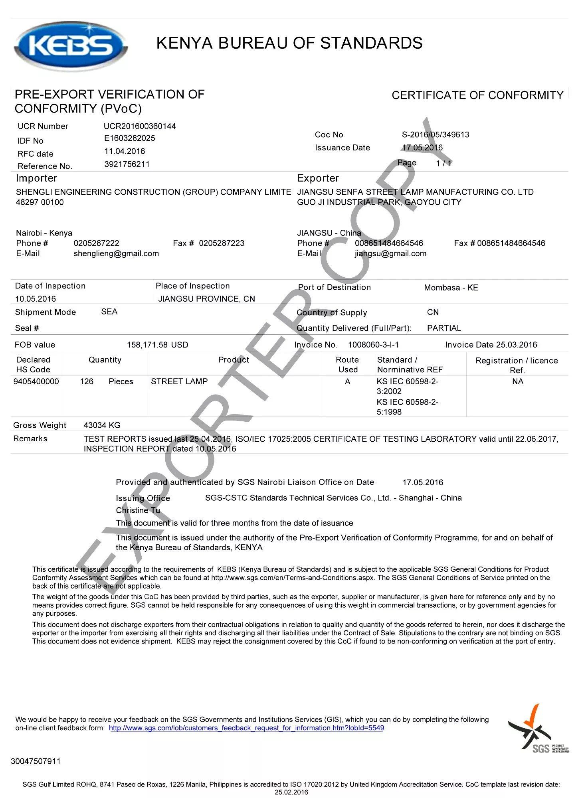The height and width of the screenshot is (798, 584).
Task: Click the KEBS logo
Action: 71,46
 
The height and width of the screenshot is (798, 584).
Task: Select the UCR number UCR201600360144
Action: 140,126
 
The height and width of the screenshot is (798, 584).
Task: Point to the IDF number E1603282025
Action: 130,138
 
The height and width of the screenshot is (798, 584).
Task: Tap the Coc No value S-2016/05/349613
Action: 435,135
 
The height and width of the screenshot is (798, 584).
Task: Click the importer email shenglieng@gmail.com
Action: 116,254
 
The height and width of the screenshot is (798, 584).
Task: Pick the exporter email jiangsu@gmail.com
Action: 390,254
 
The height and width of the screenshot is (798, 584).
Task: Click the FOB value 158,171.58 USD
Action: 157,345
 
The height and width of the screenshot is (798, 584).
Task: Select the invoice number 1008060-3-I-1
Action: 373,345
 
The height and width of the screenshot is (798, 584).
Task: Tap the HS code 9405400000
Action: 36,382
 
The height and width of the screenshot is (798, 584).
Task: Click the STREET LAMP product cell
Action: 179,382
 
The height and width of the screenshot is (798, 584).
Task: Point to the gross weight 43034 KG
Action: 102,426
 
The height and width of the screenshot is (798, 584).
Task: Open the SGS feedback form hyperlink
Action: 246,728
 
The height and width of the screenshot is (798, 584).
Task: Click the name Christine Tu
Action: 138,511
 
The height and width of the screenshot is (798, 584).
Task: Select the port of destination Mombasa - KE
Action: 451,288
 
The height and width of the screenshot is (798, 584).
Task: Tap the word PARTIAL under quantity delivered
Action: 444,328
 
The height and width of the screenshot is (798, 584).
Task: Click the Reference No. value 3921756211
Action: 127,164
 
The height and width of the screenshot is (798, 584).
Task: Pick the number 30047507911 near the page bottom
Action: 36,761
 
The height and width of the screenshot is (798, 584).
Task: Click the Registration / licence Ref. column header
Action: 517,365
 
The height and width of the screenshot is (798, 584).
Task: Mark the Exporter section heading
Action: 318,178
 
